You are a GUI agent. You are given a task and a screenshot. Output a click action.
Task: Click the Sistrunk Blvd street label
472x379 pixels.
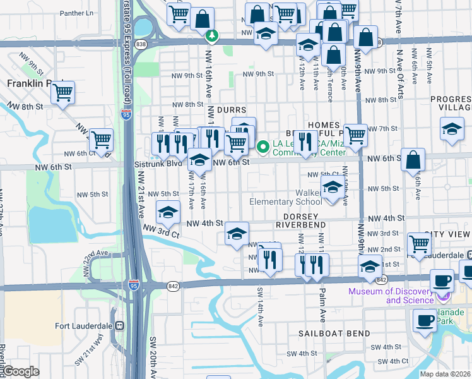pos(167,163)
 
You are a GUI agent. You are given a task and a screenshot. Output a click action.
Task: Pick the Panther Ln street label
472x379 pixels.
pos(76,13)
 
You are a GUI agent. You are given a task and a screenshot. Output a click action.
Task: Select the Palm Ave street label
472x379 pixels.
pos(322,311)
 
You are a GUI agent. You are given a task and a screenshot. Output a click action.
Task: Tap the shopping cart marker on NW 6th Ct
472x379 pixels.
pos(101,141)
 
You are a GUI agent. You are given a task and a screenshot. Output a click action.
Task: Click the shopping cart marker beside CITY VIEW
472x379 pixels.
pos(419,244)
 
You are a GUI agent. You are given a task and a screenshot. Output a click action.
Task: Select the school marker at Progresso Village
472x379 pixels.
pos(452,129)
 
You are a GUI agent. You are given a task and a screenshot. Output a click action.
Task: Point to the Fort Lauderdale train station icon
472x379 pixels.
pos(120,325)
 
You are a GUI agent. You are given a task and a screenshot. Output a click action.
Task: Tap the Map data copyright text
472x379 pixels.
pos(445,374)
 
